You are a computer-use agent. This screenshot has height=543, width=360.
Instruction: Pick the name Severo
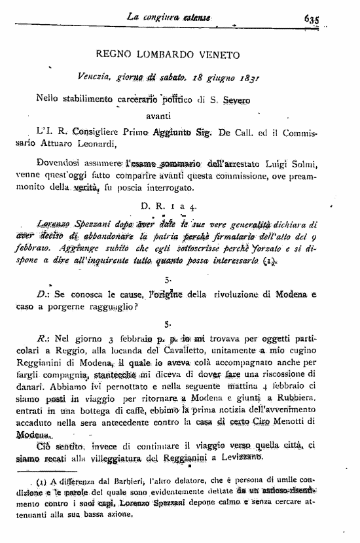point(240,99)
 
